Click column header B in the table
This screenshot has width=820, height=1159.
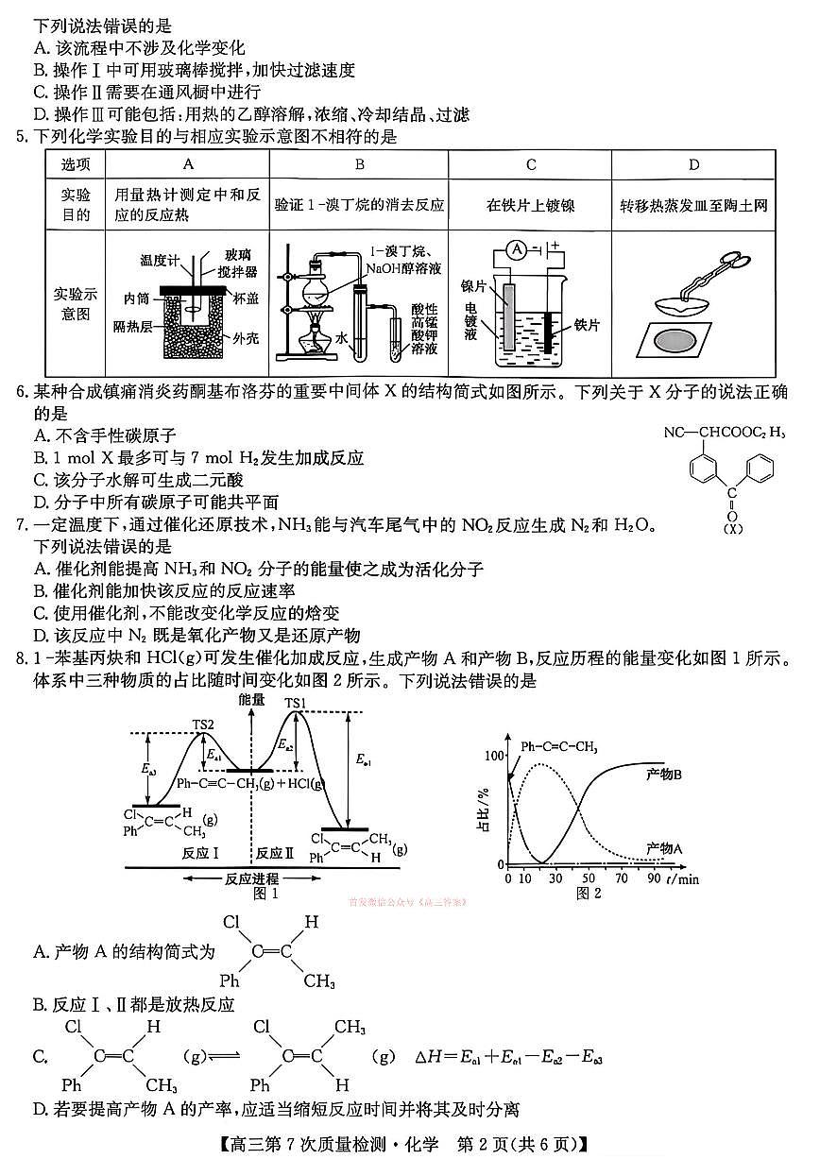pyautogui.click(x=360, y=164)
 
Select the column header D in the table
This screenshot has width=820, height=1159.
pyautogui.click(x=693, y=164)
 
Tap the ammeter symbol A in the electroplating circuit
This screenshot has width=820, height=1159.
pyautogui.click(x=516, y=249)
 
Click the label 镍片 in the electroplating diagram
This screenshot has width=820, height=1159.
pyautogui.click(x=473, y=285)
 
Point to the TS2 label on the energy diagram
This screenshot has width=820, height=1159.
pyautogui.click(x=203, y=725)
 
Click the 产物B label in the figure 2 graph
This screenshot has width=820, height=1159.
pyautogui.click(x=664, y=774)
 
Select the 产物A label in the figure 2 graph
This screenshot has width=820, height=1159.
pyautogui.click(x=664, y=847)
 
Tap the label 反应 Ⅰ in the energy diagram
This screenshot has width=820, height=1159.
pyautogui.click(x=201, y=852)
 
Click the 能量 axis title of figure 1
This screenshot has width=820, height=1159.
pyautogui.click(x=252, y=699)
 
